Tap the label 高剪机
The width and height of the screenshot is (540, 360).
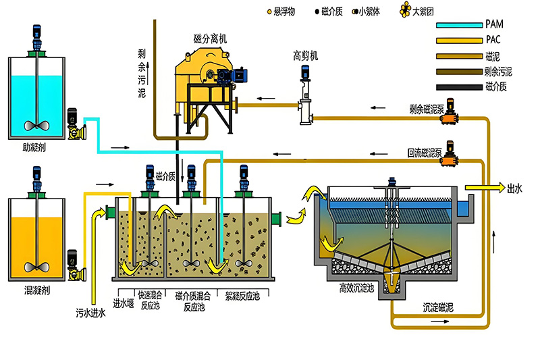pyautogui.click(x=305, y=55)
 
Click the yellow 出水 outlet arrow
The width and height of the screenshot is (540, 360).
pyautogui.click(x=482, y=188)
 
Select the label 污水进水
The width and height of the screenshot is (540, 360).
pyautogui.click(x=91, y=313)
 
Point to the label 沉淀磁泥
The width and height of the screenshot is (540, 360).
pyautogui.click(x=439, y=308)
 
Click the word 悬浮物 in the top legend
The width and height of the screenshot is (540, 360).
pyautogui.click(x=285, y=11)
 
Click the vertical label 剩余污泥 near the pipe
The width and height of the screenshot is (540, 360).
pyautogui.click(x=141, y=75)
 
